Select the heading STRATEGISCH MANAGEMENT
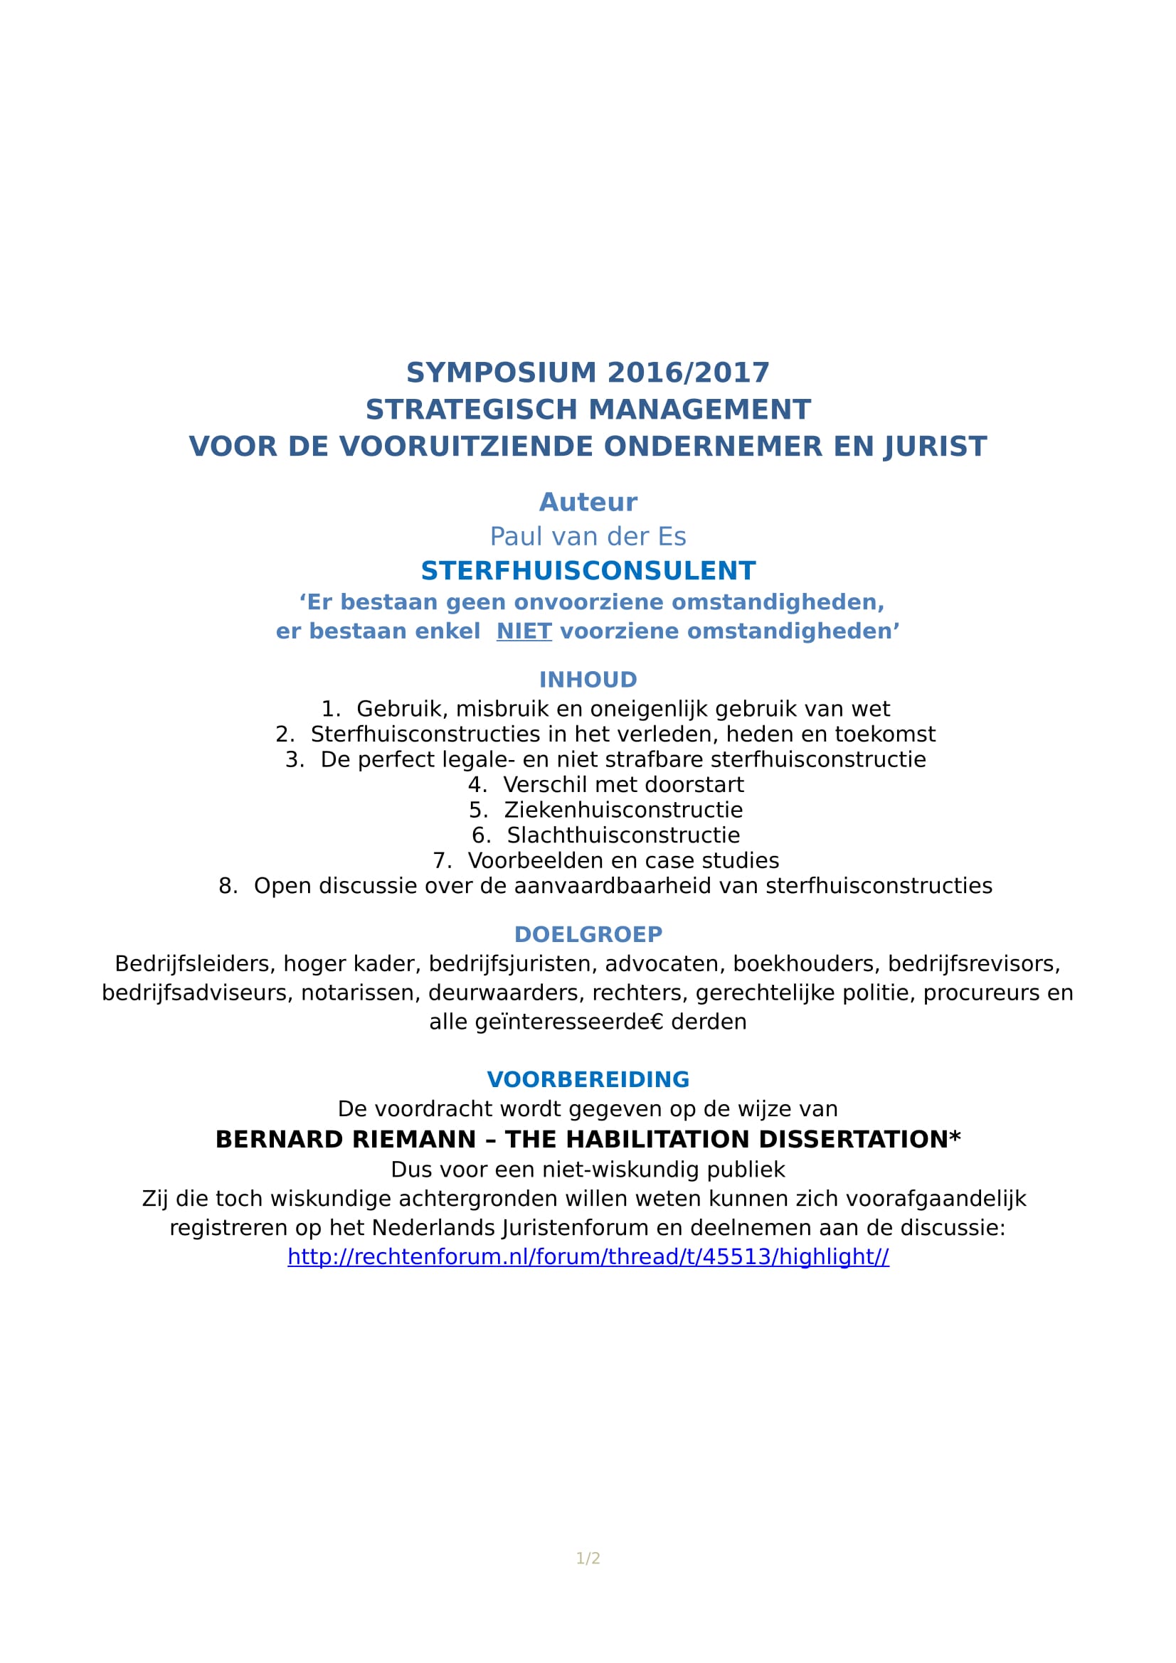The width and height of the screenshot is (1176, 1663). pyautogui.click(x=588, y=410)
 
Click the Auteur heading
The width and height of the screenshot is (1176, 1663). pyautogui.click(x=588, y=503)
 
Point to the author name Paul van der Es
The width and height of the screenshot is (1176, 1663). pyautogui.click(x=588, y=537)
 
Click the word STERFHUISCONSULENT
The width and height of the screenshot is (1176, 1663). pyautogui.click(x=588, y=571)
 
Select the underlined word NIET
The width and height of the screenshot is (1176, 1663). pyautogui.click(x=524, y=631)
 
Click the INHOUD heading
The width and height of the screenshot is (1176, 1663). pyautogui.click(x=588, y=680)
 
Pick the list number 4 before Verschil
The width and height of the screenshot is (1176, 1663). pyautogui.click(x=477, y=784)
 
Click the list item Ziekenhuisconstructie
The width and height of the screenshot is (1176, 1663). pyautogui.click(x=623, y=810)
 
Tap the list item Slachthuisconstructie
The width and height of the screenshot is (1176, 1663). pyautogui.click(x=623, y=835)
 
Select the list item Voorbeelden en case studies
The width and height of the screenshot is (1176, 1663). pyautogui.click(x=623, y=860)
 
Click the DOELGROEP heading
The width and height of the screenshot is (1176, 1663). pyautogui.click(x=588, y=934)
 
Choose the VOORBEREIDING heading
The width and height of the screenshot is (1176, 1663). pyautogui.click(x=588, y=1080)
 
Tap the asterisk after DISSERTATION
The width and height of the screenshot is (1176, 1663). pyautogui.click(x=955, y=1136)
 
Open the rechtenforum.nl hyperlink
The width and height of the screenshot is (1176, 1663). pyautogui.click(x=588, y=1256)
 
